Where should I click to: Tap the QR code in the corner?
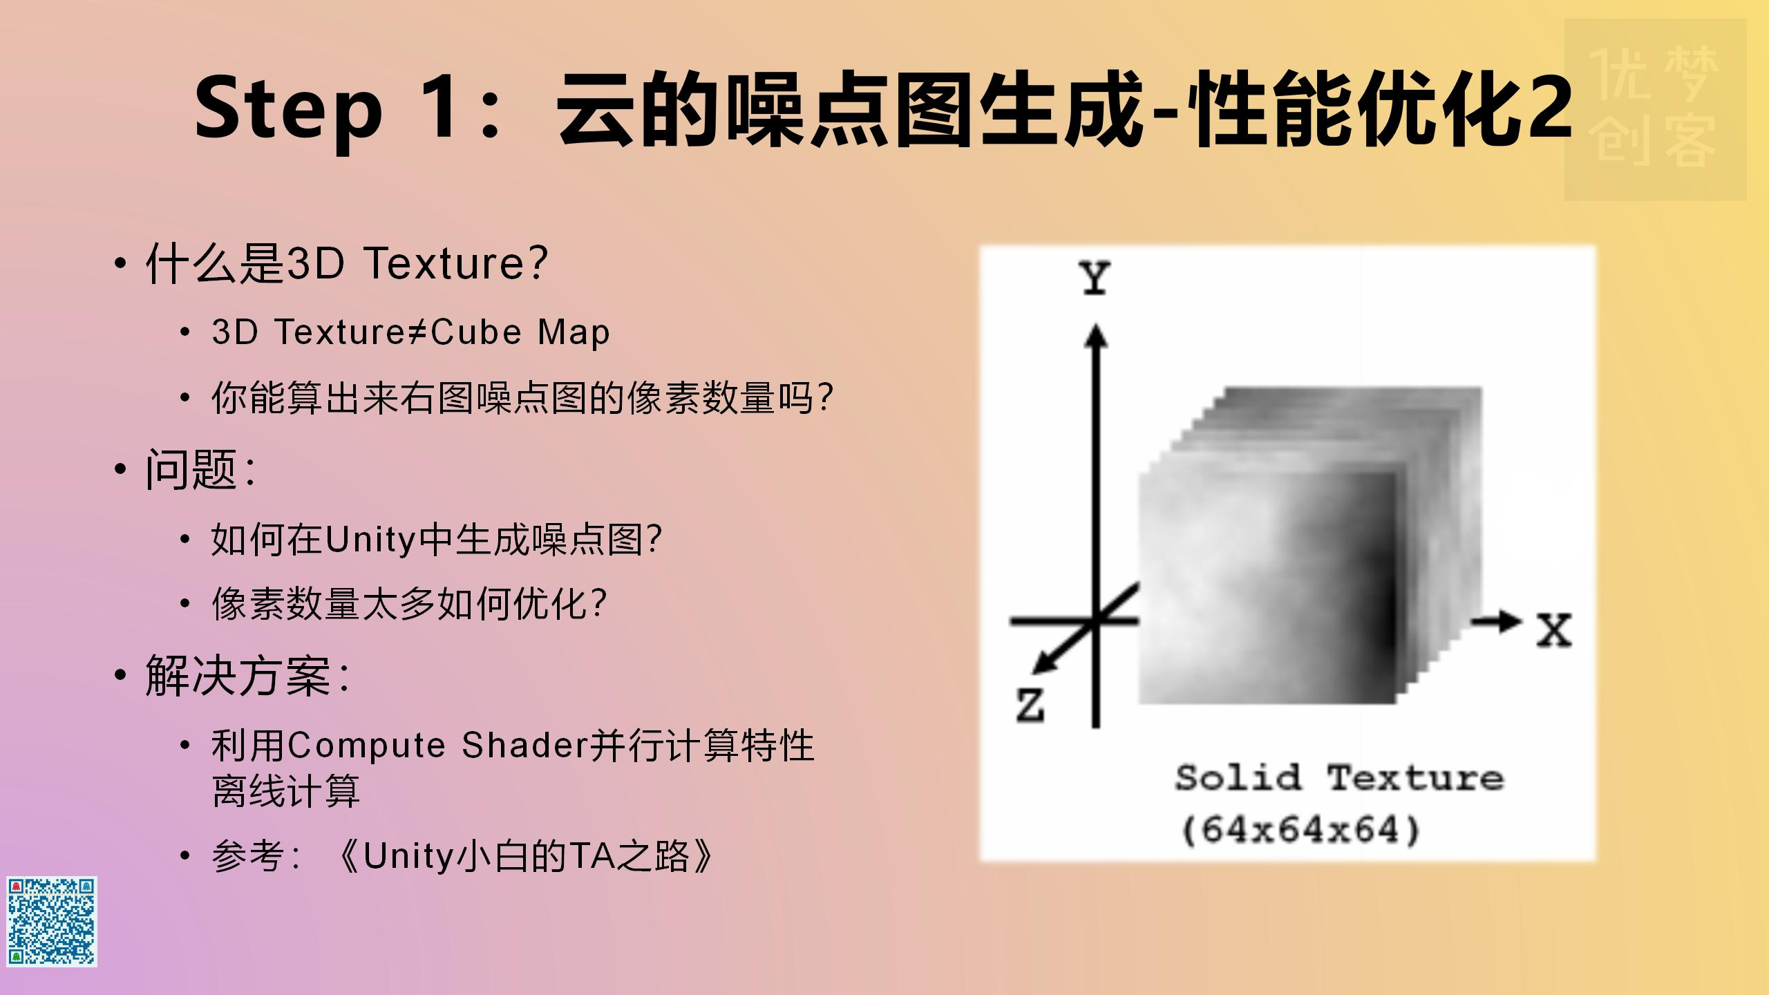[x=52, y=921]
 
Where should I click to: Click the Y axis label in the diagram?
[x=1095, y=278]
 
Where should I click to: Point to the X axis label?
[x=1553, y=630]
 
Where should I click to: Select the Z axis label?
[x=1030, y=705]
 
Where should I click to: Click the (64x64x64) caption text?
[x=1300, y=830]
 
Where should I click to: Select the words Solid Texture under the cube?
[x=1339, y=778]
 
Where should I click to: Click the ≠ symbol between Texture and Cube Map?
[x=416, y=332]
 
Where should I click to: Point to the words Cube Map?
[x=520, y=332]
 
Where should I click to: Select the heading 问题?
[x=192, y=470]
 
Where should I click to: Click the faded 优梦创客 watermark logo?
[x=1655, y=109]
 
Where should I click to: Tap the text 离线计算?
[x=286, y=791]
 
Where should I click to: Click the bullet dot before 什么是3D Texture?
[x=121, y=263]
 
